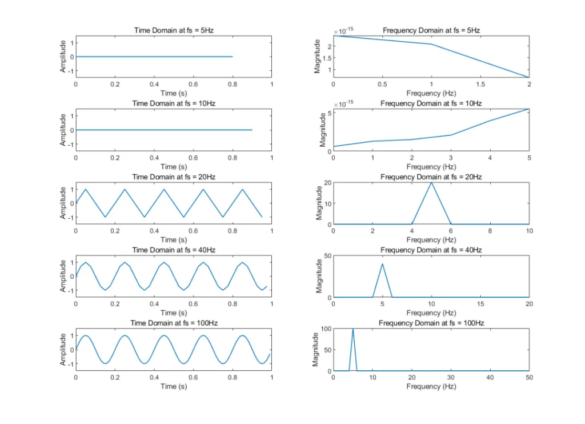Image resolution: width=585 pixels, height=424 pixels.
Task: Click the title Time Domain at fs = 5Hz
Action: click(x=174, y=30)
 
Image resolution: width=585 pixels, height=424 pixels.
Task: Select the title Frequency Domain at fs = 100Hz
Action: click(x=431, y=323)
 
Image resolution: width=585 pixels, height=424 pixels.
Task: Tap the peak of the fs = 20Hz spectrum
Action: click(x=431, y=182)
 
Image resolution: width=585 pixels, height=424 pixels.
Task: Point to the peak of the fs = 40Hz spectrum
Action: click(x=382, y=263)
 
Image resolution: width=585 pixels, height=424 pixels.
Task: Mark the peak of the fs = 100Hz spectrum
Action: click(x=353, y=329)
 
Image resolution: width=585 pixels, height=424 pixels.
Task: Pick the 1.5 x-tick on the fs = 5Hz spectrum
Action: click(x=480, y=84)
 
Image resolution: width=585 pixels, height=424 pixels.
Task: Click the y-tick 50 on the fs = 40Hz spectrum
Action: click(x=326, y=255)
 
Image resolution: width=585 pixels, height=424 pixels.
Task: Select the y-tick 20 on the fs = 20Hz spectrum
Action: click(x=326, y=182)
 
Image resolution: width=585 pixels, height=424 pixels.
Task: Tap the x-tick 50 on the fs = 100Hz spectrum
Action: click(x=529, y=378)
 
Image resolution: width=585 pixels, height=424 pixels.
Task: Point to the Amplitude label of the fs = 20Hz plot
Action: click(x=64, y=203)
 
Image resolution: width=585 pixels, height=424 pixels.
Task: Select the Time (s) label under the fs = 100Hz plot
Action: click(x=174, y=386)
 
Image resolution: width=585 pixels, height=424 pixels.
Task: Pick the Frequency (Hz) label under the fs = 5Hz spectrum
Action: click(x=431, y=93)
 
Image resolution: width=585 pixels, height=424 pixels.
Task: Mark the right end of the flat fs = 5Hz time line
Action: click(x=233, y=57)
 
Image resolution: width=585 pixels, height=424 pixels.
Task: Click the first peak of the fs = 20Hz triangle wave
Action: click(x=86, y=189)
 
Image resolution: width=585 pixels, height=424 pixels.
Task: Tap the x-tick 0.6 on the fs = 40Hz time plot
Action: click(x=193, y=305)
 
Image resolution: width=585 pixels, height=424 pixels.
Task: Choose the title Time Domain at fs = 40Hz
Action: click(x=174, y=250)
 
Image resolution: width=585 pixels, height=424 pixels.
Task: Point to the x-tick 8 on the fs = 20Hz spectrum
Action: click(x=490, y=231)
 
